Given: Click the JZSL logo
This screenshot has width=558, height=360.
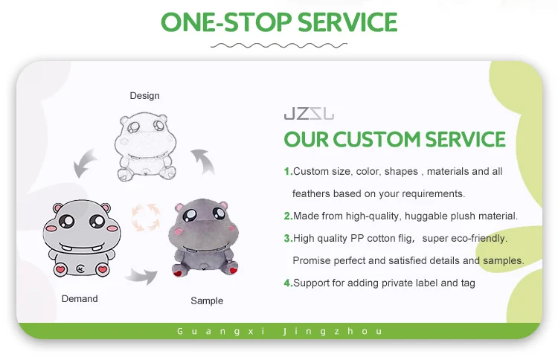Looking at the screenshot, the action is coord(309,114).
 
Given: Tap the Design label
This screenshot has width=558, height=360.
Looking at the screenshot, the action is coord(144,96).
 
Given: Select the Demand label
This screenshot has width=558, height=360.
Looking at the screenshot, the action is coord(80,298).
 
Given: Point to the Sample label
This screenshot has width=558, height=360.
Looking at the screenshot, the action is coord(207,301).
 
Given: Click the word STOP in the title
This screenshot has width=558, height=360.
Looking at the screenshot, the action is coord(258,22).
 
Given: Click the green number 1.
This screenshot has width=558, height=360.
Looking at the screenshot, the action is coord(287,172).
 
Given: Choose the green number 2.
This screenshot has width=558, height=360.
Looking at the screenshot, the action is coord(287,216).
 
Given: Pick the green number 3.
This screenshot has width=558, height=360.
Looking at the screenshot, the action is coord(287,238).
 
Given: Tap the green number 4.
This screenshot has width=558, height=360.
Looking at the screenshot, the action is coord(287,283).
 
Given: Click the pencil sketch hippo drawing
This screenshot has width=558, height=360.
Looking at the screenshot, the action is coord(146,147).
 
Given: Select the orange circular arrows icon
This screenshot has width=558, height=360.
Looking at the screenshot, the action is coord(146,216).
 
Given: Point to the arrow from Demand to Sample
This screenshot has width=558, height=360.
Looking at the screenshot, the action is coord(141,276).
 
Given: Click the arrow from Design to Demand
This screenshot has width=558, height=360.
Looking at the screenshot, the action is coord(84,164).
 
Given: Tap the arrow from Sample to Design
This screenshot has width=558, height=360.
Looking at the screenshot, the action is coord(204,162).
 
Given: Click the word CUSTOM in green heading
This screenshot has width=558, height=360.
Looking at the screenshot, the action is coord(377,139).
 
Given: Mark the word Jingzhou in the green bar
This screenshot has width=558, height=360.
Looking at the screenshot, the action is coord(333,332).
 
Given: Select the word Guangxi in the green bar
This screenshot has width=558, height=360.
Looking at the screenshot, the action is coord(221,332).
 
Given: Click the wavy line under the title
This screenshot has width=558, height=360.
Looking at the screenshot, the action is coord(279,45).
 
